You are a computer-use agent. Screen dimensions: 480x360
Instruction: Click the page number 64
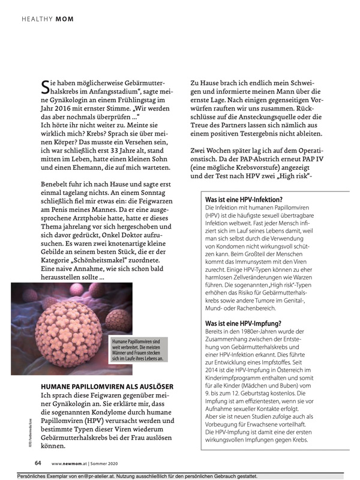click(37, 462)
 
